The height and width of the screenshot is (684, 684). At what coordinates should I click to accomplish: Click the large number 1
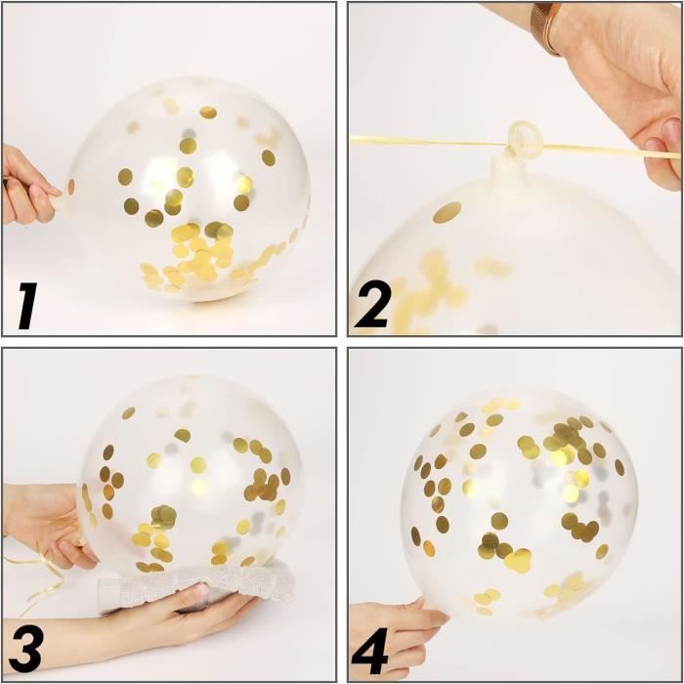pyautogui.click(x=28, y=305)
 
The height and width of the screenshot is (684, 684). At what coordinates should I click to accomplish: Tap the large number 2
pyautogui.click(x=371, y=304)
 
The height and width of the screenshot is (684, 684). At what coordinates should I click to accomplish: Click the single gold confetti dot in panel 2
pyautogui.click(x=448, y=212)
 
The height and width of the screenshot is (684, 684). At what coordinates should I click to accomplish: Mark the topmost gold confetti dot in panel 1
pyautogui.click(x=208, y=112)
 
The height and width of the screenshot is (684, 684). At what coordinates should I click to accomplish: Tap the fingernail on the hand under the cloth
pyautogui.click(x=200, y=590)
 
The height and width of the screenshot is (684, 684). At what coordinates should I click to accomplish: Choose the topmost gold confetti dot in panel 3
pyautogui.click(x=128, y=412)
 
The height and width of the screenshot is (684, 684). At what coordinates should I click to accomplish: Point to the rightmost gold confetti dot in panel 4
pyautogui.click(x=620, y=467)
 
